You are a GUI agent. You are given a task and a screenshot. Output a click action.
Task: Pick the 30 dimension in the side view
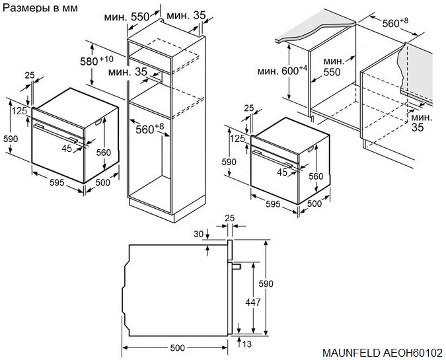pos(199,234)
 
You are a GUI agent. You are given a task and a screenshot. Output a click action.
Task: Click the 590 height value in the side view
pos(266,283)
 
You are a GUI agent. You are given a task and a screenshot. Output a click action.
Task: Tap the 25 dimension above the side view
pos(229,217)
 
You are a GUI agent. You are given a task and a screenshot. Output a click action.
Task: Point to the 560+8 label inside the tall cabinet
pos(149,129)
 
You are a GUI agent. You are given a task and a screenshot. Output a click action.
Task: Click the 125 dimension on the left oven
pos(19,111)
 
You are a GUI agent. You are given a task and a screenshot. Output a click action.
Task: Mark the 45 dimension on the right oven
pos(283,172)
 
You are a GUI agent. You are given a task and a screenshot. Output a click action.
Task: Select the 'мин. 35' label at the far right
pos(418,122)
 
